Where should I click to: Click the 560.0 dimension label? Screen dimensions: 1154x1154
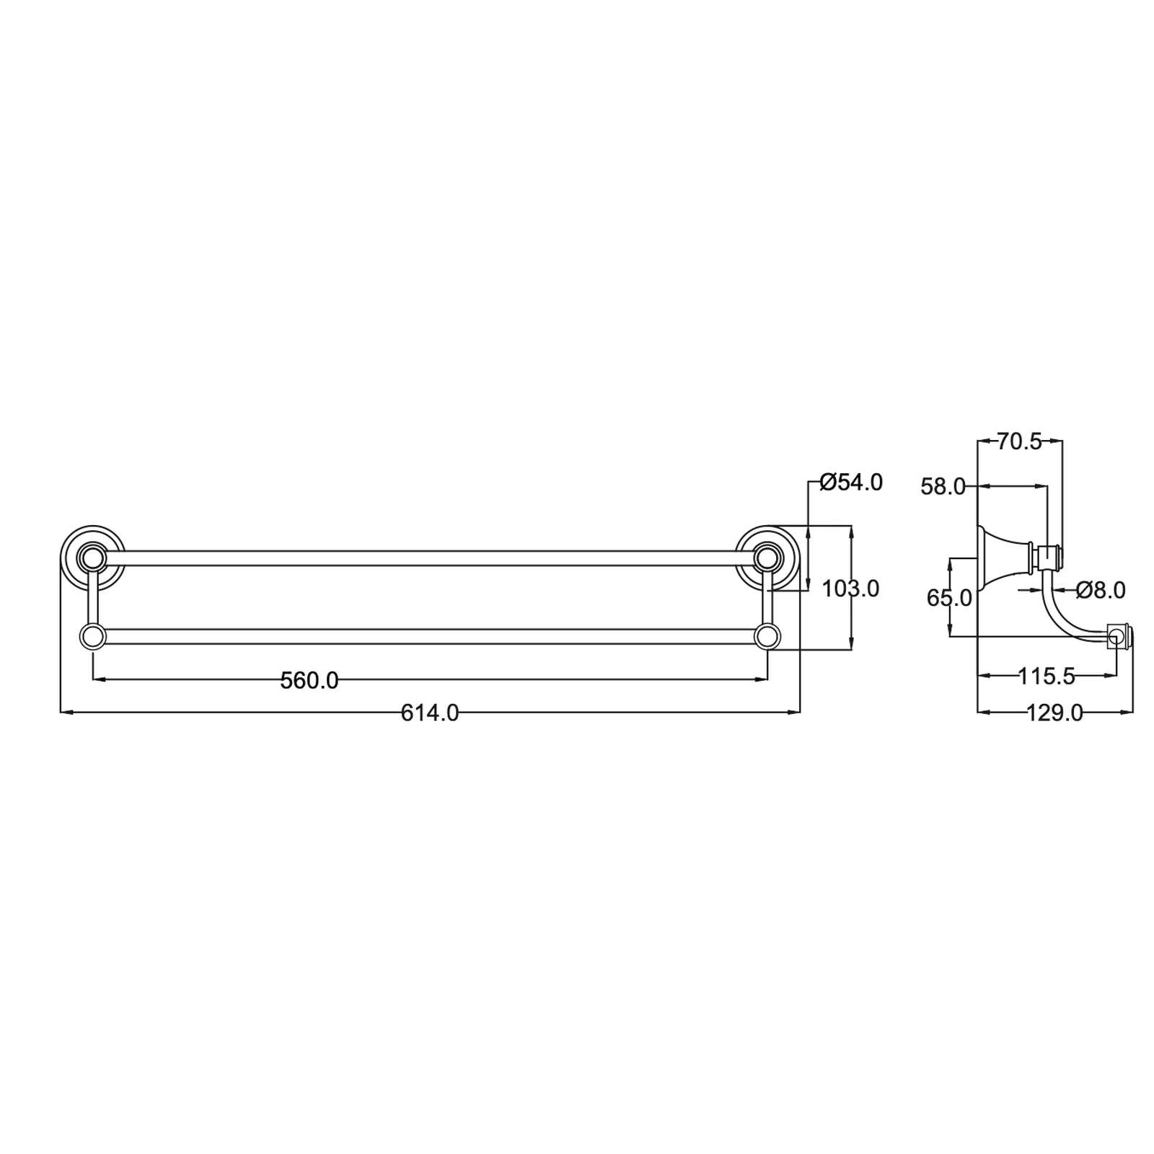click(x=309, y=680)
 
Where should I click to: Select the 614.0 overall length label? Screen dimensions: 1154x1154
click(x=430, y=713)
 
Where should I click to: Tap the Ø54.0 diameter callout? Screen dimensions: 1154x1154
click(x=852, y=483)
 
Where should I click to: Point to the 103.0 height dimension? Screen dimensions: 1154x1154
click(x=851, y=589)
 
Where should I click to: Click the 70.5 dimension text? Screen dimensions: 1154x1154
click(x=1020, y=441)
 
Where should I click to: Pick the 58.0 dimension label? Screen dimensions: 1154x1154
click(x=943, y=487)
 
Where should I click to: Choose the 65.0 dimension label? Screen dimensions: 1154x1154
click(x=949, y=598)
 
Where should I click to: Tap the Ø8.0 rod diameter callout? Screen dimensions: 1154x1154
click(x=1101, y=590)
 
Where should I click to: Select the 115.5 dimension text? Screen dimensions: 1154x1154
click(x=1047, y=676)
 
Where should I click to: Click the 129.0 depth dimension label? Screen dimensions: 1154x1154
click(x=1054, y=713)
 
